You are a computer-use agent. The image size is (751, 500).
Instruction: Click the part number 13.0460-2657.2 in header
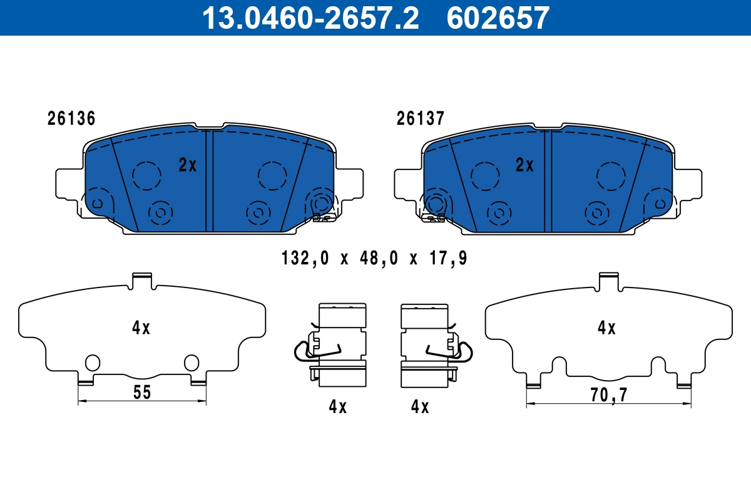309,18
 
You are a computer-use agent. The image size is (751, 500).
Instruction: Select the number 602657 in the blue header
498,18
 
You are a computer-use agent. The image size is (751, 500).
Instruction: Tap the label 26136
71,118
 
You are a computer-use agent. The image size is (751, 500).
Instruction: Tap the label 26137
420,118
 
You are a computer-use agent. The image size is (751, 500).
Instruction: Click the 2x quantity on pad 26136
187,165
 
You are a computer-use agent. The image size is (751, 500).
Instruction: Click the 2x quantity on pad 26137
524,165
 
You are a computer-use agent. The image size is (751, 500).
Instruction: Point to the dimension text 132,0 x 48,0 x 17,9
374,257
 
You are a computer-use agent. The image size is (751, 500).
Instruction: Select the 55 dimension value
142,392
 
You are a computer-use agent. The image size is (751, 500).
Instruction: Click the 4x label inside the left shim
141,327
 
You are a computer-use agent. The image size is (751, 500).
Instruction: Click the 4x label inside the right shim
606,327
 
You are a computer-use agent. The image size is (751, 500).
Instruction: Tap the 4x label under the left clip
337,407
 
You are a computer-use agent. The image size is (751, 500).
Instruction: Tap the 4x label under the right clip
419,407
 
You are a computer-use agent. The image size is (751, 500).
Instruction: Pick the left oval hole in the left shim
92,362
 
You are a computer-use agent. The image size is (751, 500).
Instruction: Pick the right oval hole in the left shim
191,362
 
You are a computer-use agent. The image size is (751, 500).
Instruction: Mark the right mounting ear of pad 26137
689,184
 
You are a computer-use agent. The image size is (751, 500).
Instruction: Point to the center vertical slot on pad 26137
548,181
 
